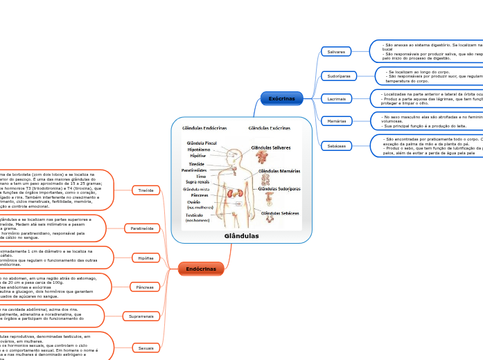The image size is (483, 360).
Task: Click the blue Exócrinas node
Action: pyautogui.click(x=281, y=99)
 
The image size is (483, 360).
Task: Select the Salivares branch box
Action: pyautogui.click(x=336, y=52)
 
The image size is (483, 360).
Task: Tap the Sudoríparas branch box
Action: pyautogui.click(x=337, y=75)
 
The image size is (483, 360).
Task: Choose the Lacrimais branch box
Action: pyautogui.click(x=337, y=98)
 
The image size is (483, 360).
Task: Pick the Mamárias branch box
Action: pyautogui.click(x=337, y=121)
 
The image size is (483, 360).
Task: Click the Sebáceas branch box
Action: pyautogui.click(x=336, y=145)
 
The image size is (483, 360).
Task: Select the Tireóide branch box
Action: pyautogui.click(x=146, y=189)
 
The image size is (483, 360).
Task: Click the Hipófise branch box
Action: pyautogui.click(x=146, y=258)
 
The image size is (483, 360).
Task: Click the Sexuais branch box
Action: pyautogui.click(x=146, y=347)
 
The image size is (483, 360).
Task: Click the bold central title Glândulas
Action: pyautogui.click(x=242, y=236)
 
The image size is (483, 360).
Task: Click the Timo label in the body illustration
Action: pyautogui.click(x=201, y=177)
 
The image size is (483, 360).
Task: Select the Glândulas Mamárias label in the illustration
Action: pyautogui.click(x=279, y=171)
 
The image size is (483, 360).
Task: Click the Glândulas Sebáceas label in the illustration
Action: pyautogui.click(x=280, y=213)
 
